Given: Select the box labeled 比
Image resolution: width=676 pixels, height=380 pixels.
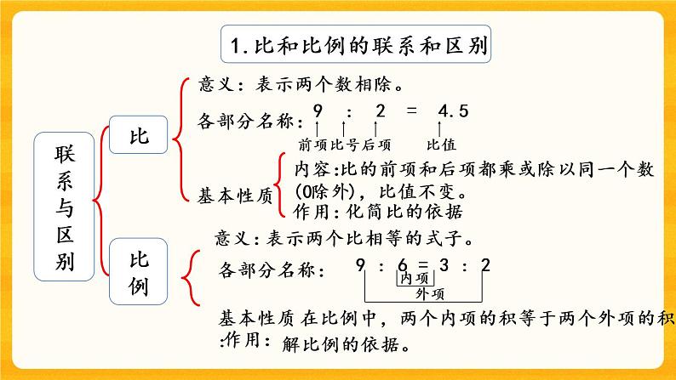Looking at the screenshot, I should [137, 137].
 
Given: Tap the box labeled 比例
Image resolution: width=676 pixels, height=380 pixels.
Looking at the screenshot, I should [137, 272].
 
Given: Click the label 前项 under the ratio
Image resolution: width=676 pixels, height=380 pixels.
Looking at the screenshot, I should [313, 145].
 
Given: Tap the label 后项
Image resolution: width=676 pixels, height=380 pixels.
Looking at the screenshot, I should [377, 145].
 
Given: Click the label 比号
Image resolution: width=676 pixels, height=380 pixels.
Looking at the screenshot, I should [346, 145].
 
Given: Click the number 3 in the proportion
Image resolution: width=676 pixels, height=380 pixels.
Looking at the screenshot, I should [446, 267].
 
